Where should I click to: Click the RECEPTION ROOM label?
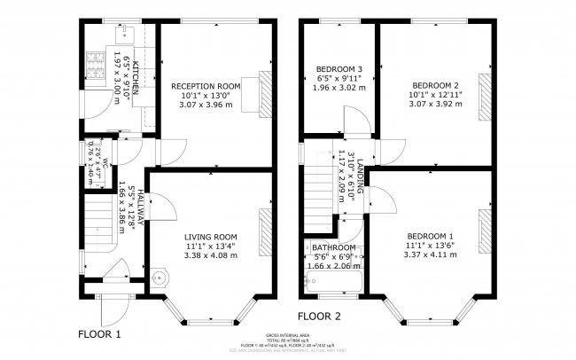205,85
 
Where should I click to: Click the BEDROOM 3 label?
339,69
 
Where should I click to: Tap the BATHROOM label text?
334,247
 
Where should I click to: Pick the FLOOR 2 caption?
319,316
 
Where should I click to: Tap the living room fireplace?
265,230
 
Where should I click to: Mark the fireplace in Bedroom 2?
484,92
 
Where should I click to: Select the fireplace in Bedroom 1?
484,231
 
